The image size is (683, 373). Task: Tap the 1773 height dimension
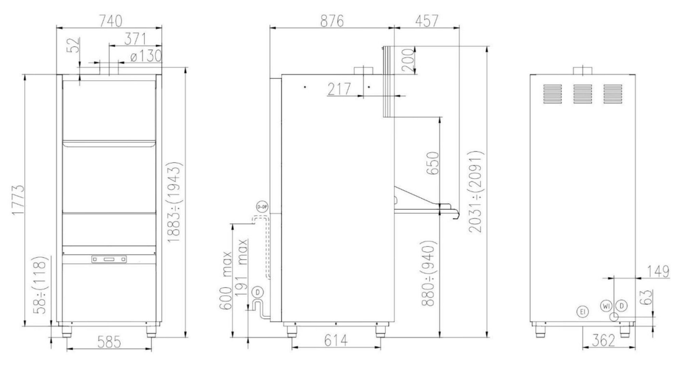pyautogui.click(x=17, y=200)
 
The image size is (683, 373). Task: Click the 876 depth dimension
pyautogui.click(x=332, y=21)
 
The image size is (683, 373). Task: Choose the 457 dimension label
pyautogui.click(x=427, y=21)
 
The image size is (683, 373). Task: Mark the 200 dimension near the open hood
pyautogui.click(x=408, y=60)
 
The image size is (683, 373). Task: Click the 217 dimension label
pyautogui.click(x=339, y=89)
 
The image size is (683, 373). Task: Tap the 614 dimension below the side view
pyautogui.click(x=336, y=341)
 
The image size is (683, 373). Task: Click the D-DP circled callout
pyautogui.click(x=262, y=207)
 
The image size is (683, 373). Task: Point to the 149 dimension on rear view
pyautogui.click(x=658, y=272)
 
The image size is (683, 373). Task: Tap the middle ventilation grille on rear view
pyautogui.click(x=583, y=94)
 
